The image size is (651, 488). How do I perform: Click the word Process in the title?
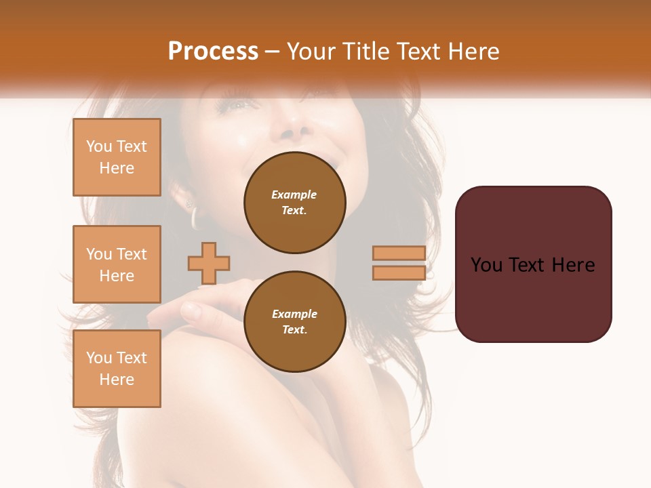[x=213, y=52]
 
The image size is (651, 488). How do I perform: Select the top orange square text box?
[x=117, y=157]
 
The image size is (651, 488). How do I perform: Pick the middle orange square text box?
[x=117, y=264]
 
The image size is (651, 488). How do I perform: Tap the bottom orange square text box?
[x=117, y=369]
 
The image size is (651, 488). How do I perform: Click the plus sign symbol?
[x=209, y=263]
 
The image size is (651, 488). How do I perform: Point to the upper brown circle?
[x=294, y=203]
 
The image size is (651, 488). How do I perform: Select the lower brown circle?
[x=294, y=322]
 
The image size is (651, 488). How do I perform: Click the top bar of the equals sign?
[x=399, y=253]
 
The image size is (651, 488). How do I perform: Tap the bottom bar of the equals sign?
[x=399, y=273]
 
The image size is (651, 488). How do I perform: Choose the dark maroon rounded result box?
[x=533, y=264]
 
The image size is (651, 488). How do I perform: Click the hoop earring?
[x=195, y=218]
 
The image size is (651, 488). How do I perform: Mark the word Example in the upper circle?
[x=294, y=195]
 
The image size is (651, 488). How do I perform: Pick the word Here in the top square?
[x=117, y=168]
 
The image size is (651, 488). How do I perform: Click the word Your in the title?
[x=311, y=52]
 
